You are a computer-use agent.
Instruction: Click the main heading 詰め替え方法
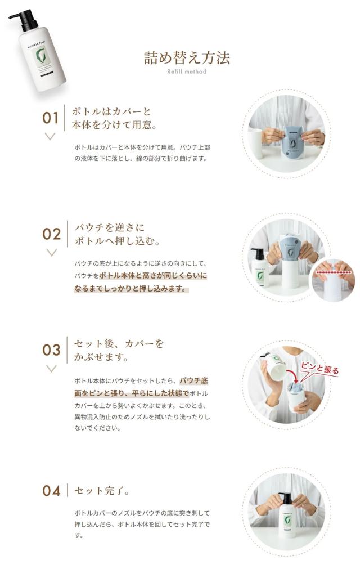click(187, 58)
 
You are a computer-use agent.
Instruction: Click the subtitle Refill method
click(187, 72)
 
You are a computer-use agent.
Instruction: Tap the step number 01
click(51, 118)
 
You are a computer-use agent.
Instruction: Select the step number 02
click(52, 234)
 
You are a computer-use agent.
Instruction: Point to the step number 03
click(52, 350)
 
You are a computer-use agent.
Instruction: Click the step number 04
click(51, 491)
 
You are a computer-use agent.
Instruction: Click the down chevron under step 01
click(50, 136)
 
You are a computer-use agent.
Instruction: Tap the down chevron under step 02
click(52, 253)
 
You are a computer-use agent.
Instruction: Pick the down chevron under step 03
click(52, 368)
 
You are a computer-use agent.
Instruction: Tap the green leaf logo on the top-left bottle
click(40, 56)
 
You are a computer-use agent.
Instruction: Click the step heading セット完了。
click(102, 491)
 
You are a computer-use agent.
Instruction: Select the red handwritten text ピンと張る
click(319, 368)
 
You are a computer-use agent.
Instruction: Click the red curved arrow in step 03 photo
click(292, 375)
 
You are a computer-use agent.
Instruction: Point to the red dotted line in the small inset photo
click(334, 271)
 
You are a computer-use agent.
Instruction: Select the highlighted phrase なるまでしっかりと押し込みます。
click(131, 289)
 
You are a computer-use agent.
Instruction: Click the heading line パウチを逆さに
click(110, 227)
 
